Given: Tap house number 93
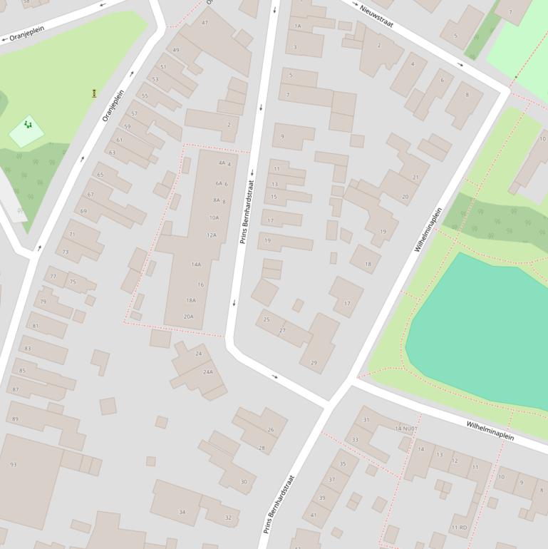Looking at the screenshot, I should tap(14, 465).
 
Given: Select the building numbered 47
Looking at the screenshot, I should tap(205, 24).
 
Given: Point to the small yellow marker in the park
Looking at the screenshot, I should tap(95, 93).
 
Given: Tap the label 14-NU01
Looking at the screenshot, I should tap(406, 429).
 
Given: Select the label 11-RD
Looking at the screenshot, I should tap(459, 528).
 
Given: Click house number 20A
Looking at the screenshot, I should tap(189, 317).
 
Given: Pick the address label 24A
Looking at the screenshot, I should tap(208, 372).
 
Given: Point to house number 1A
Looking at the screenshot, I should tap(297, 26).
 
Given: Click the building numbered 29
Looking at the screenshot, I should tap(314, 363).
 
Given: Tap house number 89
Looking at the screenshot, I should tap(15, 419).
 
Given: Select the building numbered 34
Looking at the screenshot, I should tap(182, 513).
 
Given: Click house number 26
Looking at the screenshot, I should tap(271, 430).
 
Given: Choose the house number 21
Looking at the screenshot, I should tap(415, 178).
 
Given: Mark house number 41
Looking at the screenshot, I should tap(314, 515).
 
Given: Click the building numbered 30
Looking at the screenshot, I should tap(244, 482).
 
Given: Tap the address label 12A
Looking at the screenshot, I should tap(212, 235).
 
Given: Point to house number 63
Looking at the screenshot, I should tap(112, 153).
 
